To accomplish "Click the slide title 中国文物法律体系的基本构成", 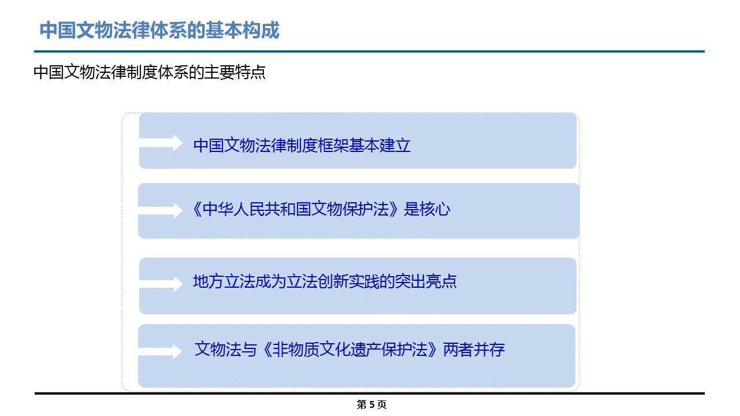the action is [x=159, y=31].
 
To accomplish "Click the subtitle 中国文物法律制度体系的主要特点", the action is [x=149, y=72].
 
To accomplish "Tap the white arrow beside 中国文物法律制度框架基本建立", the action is [x=161, y=143].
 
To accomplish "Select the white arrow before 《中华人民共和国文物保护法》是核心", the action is [x=160, y=210].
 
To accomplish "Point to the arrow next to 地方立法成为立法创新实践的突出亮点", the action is [x=161, y=284].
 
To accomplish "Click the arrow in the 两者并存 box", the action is [x=160, y=351].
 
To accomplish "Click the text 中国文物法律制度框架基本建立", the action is [x=302, y=146].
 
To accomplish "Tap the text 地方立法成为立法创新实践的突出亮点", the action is [x=325, y=281].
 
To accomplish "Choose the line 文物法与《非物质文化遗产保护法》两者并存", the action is [x=349, y=349].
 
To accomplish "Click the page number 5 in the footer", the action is [x=372, y=404].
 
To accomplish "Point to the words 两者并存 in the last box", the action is [x=474, y=349].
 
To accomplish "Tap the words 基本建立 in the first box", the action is [x=380, y=146].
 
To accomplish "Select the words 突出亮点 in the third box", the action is [x=426, y=281].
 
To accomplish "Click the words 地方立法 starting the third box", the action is [x=224, y=281].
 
